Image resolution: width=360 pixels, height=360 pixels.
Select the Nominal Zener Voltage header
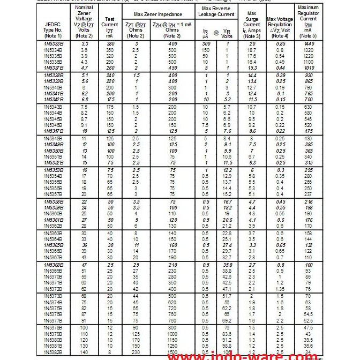84,21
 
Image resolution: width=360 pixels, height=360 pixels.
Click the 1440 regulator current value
308,43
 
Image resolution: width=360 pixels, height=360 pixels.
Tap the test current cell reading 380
110,43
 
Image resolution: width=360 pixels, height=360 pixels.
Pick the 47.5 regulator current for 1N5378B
308,327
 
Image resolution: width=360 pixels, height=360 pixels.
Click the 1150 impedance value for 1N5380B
172,339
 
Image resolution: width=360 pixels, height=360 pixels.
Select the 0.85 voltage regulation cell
279,43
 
